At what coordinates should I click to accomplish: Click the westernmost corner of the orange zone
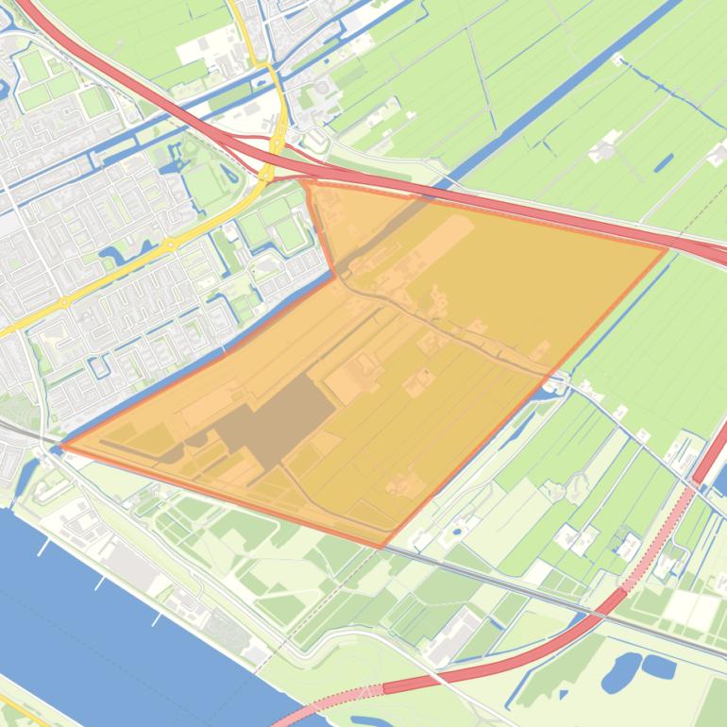(x=61, y=446)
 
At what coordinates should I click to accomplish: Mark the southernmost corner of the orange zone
(x=380, y=547)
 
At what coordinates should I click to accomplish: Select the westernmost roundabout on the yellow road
(x=64, y=303)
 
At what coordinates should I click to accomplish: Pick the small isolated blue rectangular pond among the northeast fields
(x=664, y=162)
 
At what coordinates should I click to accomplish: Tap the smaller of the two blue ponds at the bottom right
(x=660, y=667)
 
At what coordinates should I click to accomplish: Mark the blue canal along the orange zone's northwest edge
(x=208, y=359)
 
